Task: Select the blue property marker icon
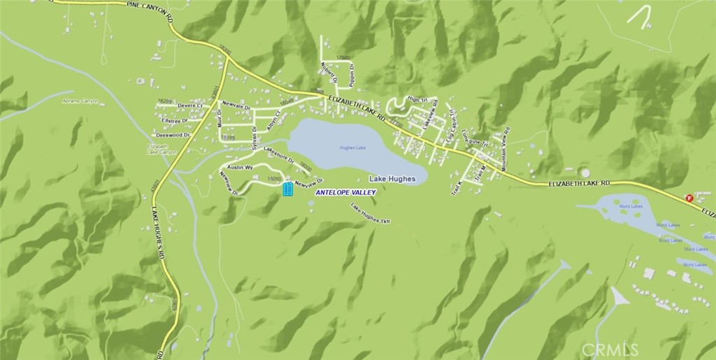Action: tap(287, 189)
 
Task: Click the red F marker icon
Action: tap(689, 198)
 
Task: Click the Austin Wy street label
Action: tap(239, 168)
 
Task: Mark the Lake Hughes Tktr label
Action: tap(371, 213)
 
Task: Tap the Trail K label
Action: tap(459, 187)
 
